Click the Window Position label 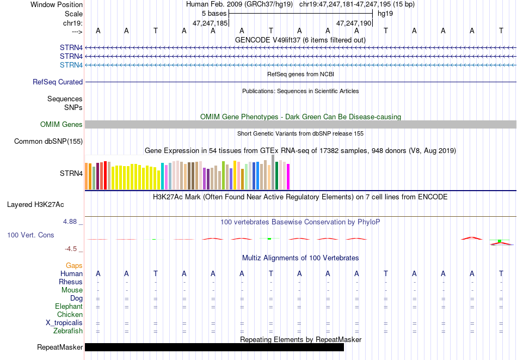[x=57, y=4]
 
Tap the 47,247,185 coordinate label [x=210, y=23]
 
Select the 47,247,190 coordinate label [x=354, y=23]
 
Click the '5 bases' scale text [x=214, y=14]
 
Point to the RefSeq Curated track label [x=58, y=82]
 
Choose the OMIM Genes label [x=61, y=124]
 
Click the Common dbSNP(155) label [x=48, y=141]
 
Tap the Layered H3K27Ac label [x=35, y=205]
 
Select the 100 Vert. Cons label [x=30, y=235]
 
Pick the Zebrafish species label [x=68, y=331]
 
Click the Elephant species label [x=69, y=306]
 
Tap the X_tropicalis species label [x=64, y=323]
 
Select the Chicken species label [x=70, y=314]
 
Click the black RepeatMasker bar [x=214, y=347]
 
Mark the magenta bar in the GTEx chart [x=288, y=177]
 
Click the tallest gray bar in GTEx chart [x=273, y=172]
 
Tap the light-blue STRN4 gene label [x=71, y=65]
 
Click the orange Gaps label [x=74, y=265]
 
